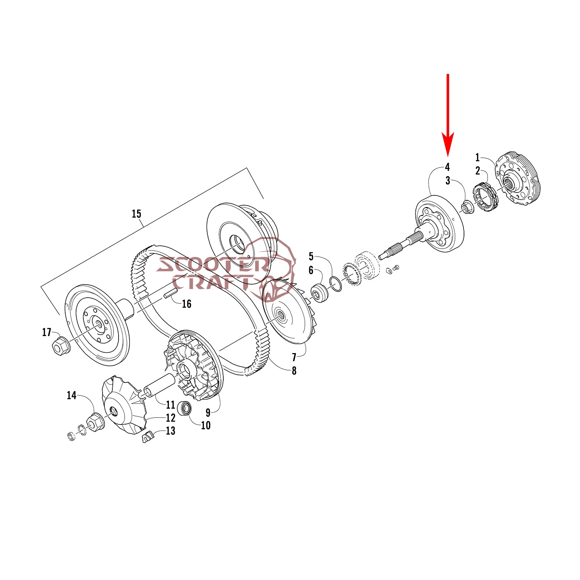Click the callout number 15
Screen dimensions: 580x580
click(136, 214)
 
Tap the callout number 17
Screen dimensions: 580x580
click(47, 332)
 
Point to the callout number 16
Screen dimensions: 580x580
click(186, 304)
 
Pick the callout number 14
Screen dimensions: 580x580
click(71, 395)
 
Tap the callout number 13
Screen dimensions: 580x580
click(170, 431)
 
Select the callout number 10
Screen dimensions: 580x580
click(206, 425)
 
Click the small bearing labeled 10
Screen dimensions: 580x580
click(186, 409)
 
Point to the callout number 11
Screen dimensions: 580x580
click(170, 405)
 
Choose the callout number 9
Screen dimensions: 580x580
click(208, 413)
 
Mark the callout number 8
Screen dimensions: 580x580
click(294, 371)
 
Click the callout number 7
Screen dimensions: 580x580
click(294, 357)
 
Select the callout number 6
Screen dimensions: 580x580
click(311, 270)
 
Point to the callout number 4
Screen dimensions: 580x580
click(447, 167)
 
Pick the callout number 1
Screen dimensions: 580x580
click(477, 158)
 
